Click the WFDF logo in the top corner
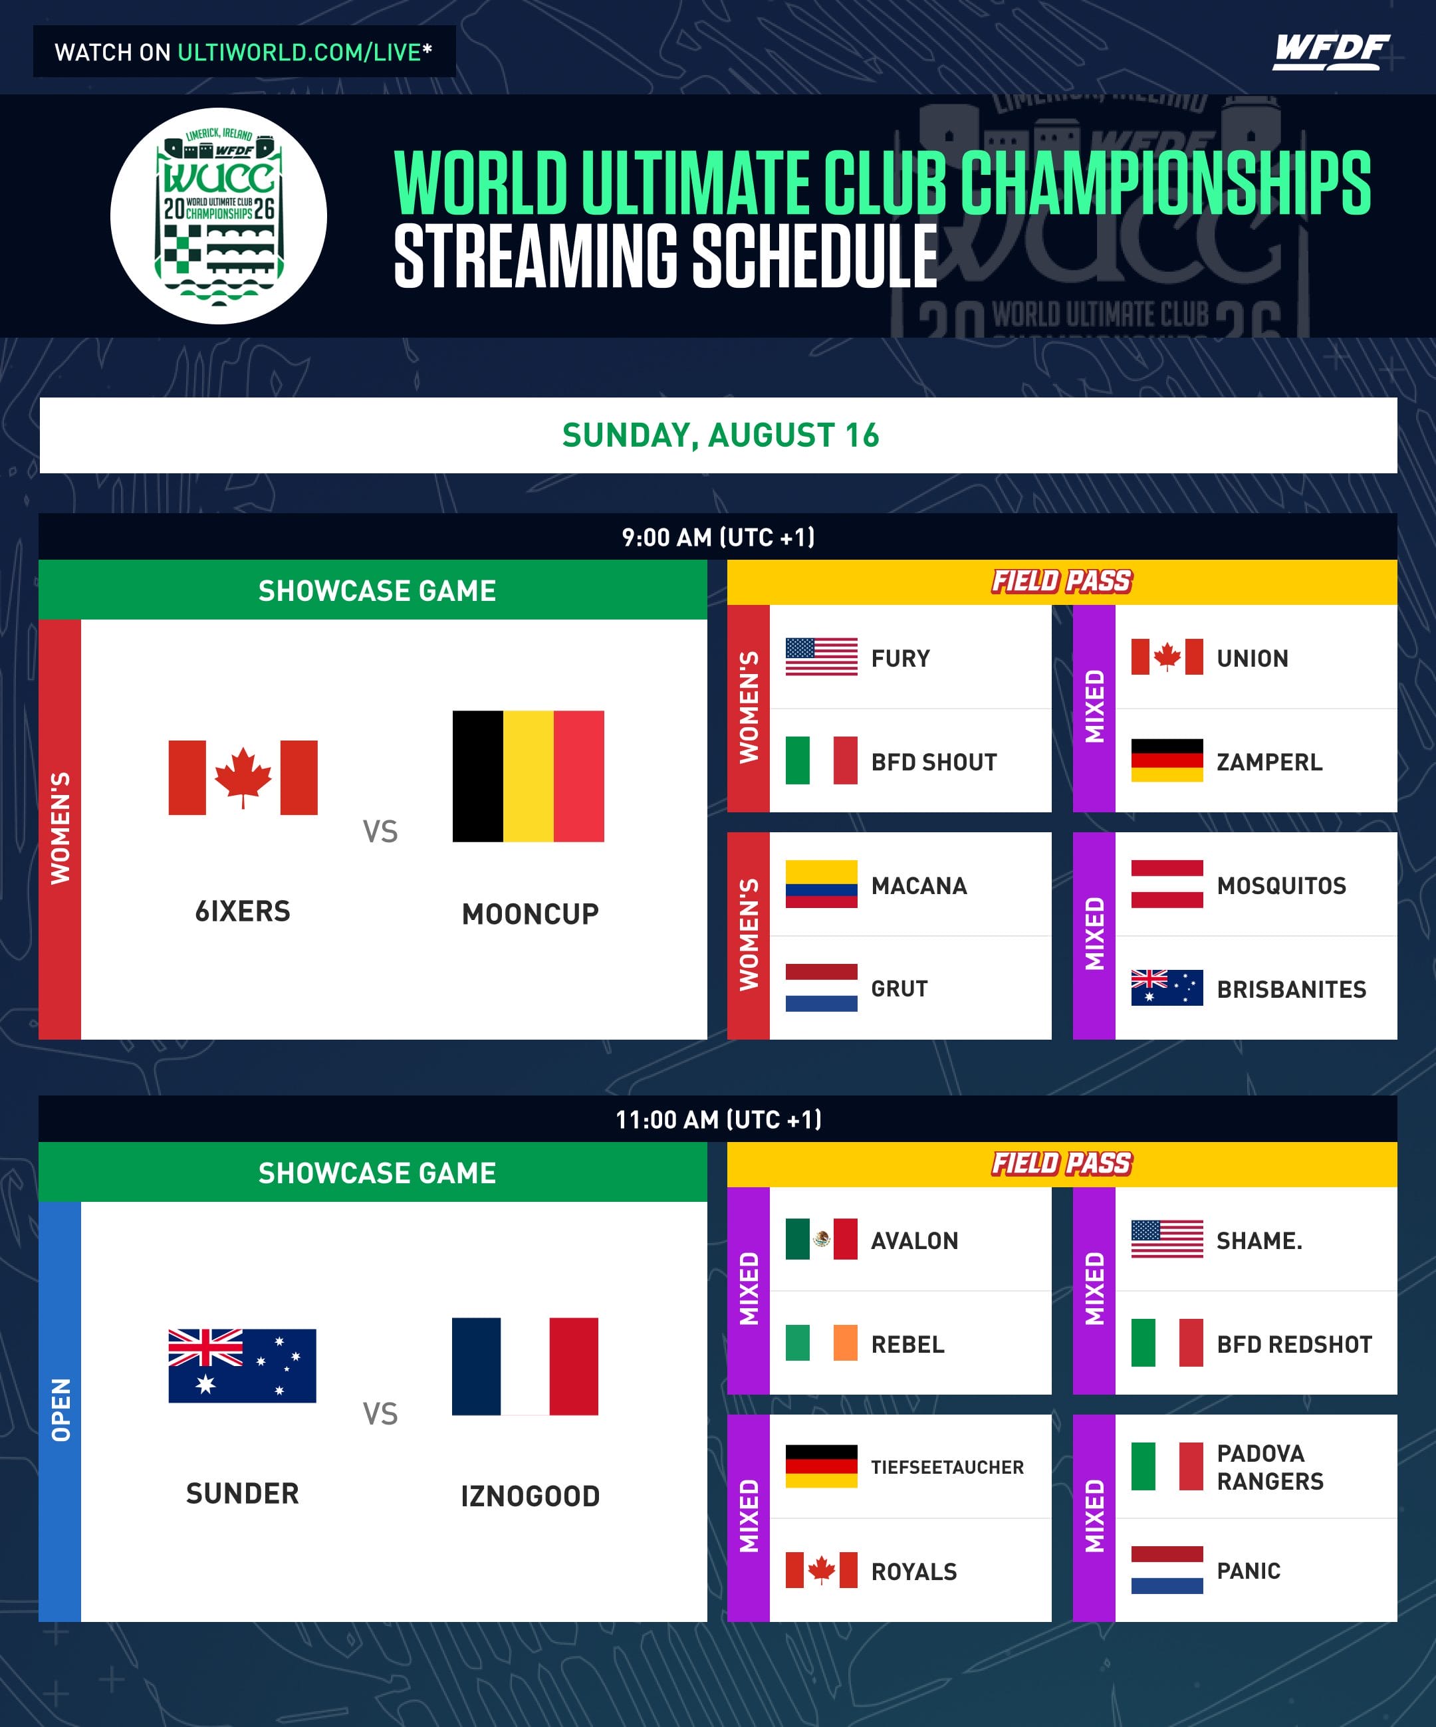click(x=1331, y=52)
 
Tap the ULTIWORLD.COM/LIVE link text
click(x=299, y=53)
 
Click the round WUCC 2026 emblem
click(x=219, y=216)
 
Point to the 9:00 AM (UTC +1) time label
click(x=718, y=537)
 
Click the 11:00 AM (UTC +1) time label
click(x=718, y=1119)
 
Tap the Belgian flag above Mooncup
click(x=528, y=776)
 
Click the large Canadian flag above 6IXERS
click(x=243, y=777)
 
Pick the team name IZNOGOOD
click(x=531, y=1496)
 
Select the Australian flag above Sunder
click(x=242, y=1365)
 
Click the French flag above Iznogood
click(x=525, y=1366)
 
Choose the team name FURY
click(x=901, y=659)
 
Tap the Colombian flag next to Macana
click(x=821, y=884)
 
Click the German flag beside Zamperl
click(x=1166, y=760)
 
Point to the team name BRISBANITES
click(x=1291, y=989)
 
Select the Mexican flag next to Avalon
click(x=821, y=1238)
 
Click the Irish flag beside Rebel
click(x=821, y=1343)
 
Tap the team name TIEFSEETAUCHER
click(x=947, y=1467)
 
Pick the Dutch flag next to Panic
click(x=1166, y=1570)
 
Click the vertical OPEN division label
click(x=60, y=1409)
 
